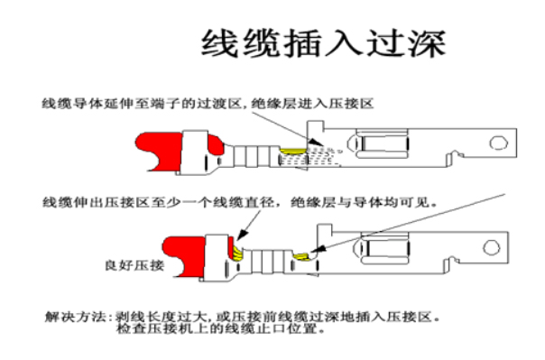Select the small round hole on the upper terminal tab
tap(494, 143)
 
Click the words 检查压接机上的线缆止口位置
tap(221, 330)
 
